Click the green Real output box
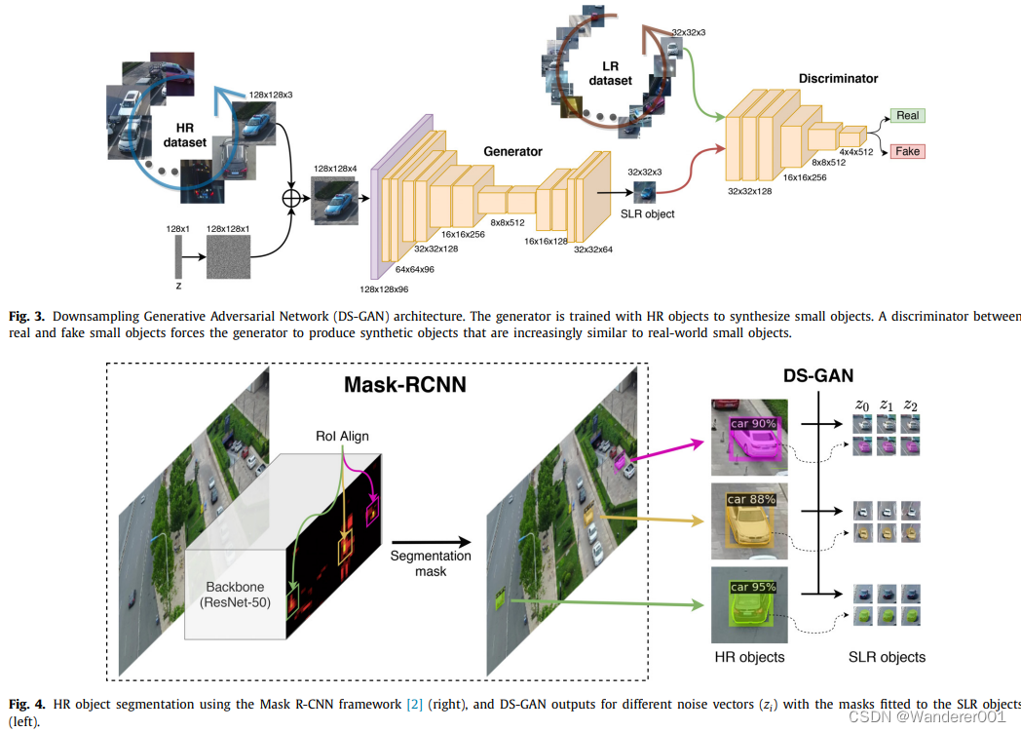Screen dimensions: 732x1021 click(x=907, y=115)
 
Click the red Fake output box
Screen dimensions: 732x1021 click(x=907, y=151)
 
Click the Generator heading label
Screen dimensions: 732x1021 click(x=512, y=151)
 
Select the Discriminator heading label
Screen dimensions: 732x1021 click(x=838, y=78)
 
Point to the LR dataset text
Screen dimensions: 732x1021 click(x=610, y=73)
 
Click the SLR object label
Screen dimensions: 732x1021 click(x=646, y=213)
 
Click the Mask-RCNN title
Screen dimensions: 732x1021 click(x=405, y=384)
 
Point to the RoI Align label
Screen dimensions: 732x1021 click(x=341, y=436)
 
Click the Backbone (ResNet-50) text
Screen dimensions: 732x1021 click(x=235, y=594)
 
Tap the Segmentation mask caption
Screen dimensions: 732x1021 click(x=431, y=563)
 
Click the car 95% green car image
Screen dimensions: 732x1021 click(x=750, y=604)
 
